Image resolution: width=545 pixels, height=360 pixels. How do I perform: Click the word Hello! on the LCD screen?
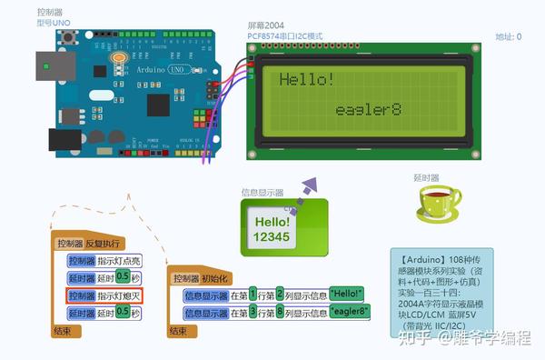tap(306, 80)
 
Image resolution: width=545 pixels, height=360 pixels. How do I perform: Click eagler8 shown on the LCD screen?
tap(368, 110)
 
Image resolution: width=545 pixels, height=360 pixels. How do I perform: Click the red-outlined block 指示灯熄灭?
tap(104, 295)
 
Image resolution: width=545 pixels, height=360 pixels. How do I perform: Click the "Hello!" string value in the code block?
tap(346, 293)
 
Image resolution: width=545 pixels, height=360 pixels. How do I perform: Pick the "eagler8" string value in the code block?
tap(350, 311)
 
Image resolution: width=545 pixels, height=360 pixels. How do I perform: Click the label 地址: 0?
tap(508, 37)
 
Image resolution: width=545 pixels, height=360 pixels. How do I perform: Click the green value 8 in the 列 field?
tap(280, 311)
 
